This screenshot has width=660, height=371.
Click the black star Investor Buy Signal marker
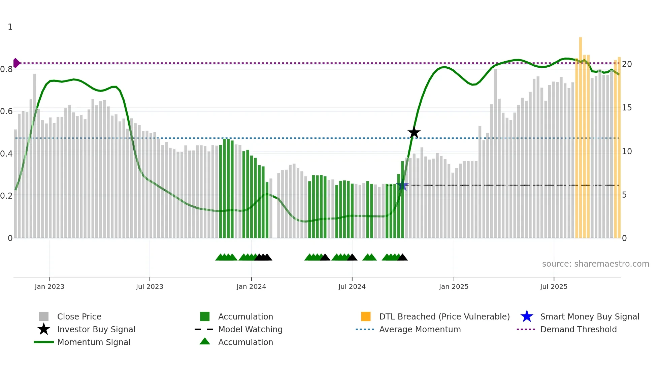coord(414,133)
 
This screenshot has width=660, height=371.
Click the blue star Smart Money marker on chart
coord(402,185)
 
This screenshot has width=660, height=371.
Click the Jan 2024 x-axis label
coord(251,286)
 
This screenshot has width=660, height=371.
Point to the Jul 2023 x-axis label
coord(150,286)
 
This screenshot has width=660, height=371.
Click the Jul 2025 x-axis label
coord(554,286)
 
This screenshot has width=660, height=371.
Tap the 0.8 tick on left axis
coord(7,69)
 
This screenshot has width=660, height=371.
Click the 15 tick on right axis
coord(627,108)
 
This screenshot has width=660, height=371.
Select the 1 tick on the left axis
coord(10,27)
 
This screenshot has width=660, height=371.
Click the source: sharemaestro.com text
coord(595,264)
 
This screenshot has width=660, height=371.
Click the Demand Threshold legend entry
coord(578,329)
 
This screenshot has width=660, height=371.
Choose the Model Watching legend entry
coord(250,329)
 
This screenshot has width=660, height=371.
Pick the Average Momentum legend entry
coord(420,329)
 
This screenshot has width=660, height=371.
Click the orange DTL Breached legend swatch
coord(366,316)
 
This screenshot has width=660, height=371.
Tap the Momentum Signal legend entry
coord(94,342)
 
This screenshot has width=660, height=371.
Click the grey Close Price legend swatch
coord(44,316)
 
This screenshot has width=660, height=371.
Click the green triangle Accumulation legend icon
coord(205,342)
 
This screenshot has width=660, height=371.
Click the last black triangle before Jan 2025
coord(402,258)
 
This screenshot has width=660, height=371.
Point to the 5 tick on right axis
coord(624,195)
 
